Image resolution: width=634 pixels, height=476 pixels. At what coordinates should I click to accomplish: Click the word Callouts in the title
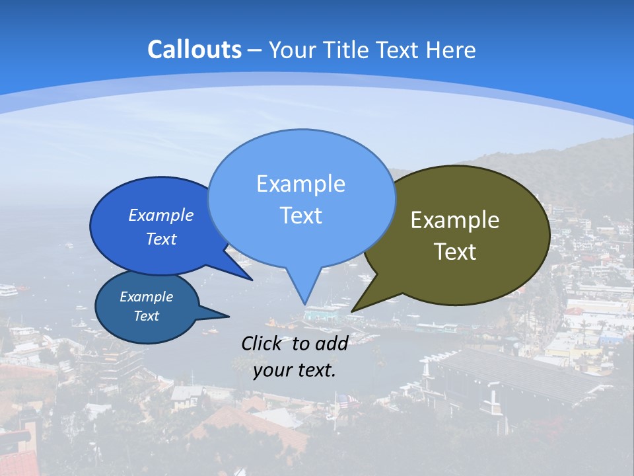tap(194, 50)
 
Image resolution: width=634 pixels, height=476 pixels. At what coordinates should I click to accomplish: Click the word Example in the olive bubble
tap(455, 220)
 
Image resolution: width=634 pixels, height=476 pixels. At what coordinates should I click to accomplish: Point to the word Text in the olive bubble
tap(455, 252)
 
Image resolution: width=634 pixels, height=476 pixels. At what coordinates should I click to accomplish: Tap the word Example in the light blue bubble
tap(300, 183)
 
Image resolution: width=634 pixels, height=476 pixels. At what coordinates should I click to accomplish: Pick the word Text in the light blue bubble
tap(300, 216)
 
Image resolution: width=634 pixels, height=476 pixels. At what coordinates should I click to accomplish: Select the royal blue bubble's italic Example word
tap(161, 215)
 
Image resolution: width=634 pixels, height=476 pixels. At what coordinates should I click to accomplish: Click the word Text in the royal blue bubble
tap(161, 239)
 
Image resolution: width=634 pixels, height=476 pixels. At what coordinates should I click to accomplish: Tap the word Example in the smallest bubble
tap(146, 297)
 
